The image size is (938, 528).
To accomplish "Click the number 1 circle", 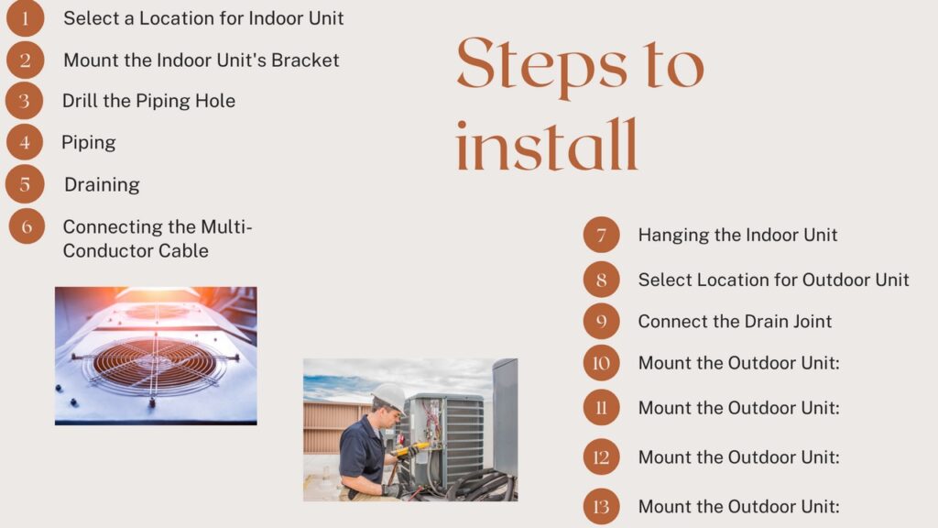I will (25, 17).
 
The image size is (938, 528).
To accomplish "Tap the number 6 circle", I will (27, 225).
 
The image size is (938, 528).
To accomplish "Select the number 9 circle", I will (601, 322).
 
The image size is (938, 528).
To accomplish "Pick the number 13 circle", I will (601, 506).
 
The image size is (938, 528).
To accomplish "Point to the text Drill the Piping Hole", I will (148, 101).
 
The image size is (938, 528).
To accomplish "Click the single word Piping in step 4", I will (89, 142).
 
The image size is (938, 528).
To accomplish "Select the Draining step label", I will (102, 184).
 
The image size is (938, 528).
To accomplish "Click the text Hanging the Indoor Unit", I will (737, 235).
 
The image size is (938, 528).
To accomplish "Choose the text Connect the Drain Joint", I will (735, 322).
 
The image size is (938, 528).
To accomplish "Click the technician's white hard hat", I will (390, 396).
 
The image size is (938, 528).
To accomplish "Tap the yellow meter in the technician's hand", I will (409, 449).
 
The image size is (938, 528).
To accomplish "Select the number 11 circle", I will (601, 408).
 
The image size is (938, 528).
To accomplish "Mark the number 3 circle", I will (25, 101).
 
